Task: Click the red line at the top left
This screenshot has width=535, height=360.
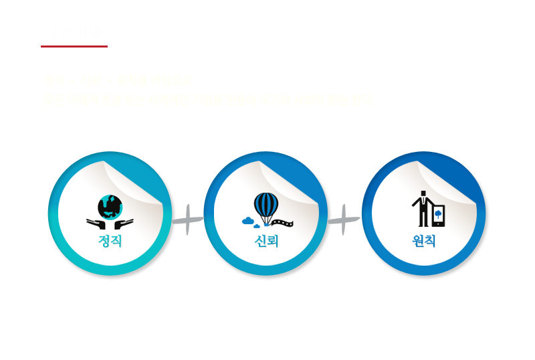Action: (74, 46)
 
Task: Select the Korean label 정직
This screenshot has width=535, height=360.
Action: (110, 240)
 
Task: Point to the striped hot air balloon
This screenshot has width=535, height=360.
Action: (265, 205)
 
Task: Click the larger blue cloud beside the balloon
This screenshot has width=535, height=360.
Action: (248, 219)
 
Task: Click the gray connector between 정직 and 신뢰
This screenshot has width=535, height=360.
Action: (189, 219)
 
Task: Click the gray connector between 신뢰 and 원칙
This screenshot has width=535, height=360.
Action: (346, 219)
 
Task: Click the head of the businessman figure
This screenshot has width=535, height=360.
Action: (423, 193)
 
